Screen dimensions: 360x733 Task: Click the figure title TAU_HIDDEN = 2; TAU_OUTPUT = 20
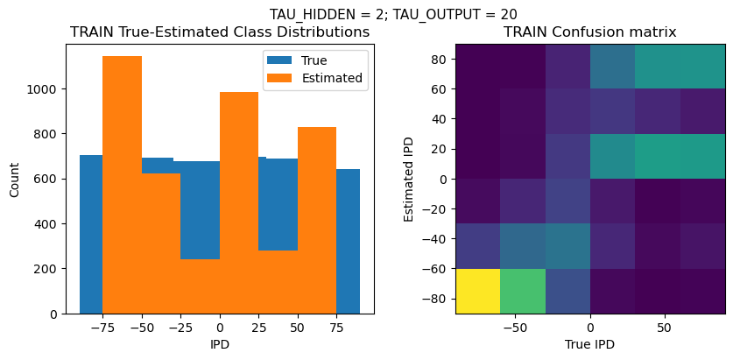pyautogui.click(x=392, y=14)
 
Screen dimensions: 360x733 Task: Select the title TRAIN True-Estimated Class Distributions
pyautogui.click(x=219, y=32)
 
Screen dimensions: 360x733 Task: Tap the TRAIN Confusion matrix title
pyautogui.click(x=589, y=32)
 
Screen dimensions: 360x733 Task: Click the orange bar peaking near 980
pyautogui.click(x=239, y=202)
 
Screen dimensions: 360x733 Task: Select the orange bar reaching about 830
pyautogui.click(x=317, y=220)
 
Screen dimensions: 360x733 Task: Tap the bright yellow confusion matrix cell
pyautogui.click(x=477, y=291)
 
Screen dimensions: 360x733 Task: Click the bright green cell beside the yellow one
pyautogui.click(x=523, y=291)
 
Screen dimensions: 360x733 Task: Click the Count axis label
pyautogui.click(x=13, y=179)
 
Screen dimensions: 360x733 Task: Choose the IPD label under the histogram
pyautogui.click(x=219, y=344)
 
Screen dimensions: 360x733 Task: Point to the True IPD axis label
pyautogui.click(x=589, y=344)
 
